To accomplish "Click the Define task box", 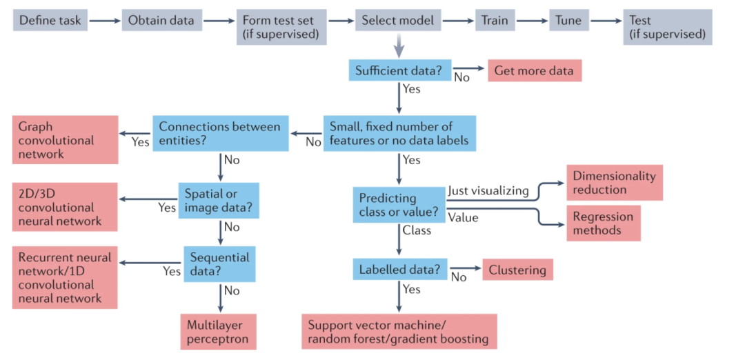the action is coord(50,21).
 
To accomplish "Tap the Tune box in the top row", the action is coord(568,21).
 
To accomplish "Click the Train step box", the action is coord(494,21).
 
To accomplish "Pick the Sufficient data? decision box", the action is coord(399,70).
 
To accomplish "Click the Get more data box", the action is coord(535,71).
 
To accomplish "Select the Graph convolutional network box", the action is coord(65,139).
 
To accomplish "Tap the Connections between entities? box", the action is coord(221,133).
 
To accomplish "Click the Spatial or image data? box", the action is coord(219,201).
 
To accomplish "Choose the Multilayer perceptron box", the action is coord(218,332).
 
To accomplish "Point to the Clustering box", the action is coord(517,269).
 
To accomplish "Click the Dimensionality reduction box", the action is coord(615,182).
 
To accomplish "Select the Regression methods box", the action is coord(604,223).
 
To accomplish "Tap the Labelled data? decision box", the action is coord(399,269).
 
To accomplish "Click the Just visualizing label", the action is coord(488,191).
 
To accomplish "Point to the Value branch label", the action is coord(464,217).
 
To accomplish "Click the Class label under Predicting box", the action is coord(417,230).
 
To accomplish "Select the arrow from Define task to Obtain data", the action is coord(105,21).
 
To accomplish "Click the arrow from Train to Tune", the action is coord(532,21).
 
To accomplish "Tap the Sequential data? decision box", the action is coord(219,264).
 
